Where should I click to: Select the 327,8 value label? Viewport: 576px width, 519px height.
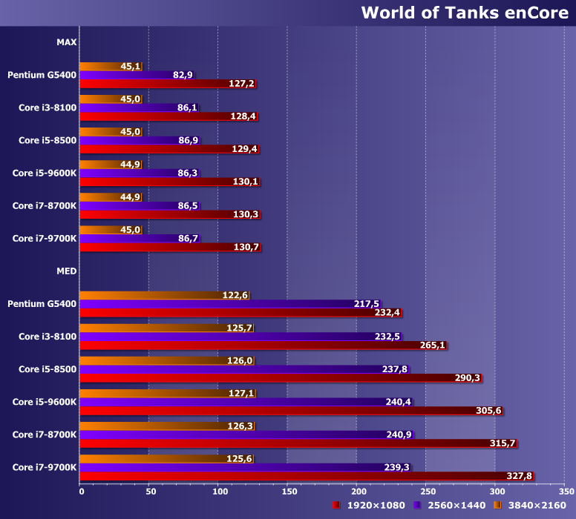518,476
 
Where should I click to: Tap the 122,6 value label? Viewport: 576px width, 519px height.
235,295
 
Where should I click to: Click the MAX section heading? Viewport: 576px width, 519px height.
66,42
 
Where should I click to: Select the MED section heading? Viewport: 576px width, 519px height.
66,271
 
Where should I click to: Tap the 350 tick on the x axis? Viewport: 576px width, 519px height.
565,491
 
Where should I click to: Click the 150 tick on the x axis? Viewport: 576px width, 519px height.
288,491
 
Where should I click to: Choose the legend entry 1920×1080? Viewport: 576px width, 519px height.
369,506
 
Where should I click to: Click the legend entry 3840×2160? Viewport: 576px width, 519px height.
531,506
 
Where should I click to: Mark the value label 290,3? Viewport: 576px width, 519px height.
468,378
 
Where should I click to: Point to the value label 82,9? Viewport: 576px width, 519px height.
183,75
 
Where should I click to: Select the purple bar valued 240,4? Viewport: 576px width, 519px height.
238,402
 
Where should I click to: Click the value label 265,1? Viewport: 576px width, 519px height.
433,346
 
